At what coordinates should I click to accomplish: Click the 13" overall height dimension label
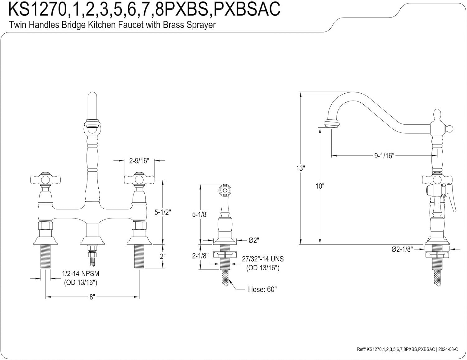(x=300, y=168)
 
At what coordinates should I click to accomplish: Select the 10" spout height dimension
(x=320, y=186)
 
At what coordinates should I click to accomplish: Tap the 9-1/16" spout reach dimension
(x=384, y=155)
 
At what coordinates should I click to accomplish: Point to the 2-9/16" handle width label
(x=139, y=161)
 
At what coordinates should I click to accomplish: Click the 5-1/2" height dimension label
(x=163, y=212)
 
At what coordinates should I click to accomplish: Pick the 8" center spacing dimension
(x=92, y=297)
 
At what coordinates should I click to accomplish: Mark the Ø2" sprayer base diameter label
(x=254, y=240)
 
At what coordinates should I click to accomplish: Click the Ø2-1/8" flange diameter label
(x=402, y=249)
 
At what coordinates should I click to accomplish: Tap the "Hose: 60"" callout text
(x=262, y=289)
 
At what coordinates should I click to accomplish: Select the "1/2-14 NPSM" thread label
(x=81, y=273)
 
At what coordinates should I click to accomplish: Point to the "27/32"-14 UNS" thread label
(x=263, y=259)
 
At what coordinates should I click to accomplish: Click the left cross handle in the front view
(x=45, y=179)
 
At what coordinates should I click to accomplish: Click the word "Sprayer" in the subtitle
(x=201, y=25)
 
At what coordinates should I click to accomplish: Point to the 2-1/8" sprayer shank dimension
(x=200, y=256)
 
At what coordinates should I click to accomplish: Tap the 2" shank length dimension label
(x=163, y=256)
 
